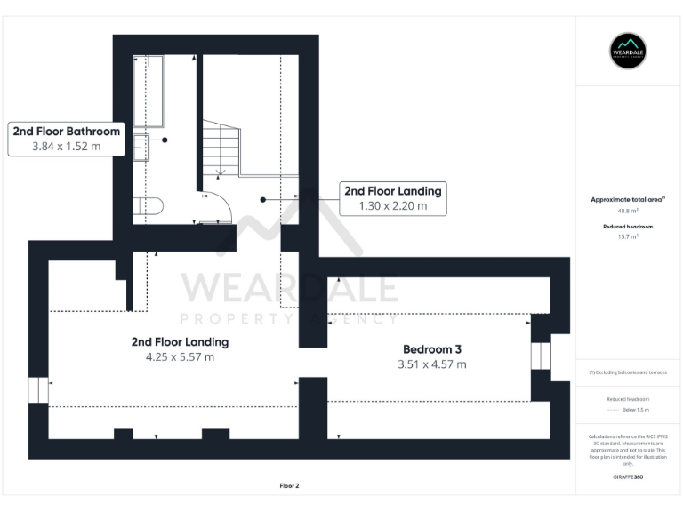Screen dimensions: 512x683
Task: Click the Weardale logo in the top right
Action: click(x=628, y=52)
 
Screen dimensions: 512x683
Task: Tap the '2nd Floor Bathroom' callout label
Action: click(x=67, y=132)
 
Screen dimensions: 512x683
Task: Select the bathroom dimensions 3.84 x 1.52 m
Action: click(x=67, y=147)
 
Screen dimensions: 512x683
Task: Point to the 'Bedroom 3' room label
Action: click(x=431, y=349)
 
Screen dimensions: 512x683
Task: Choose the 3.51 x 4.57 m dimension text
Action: click(x=431, y=364)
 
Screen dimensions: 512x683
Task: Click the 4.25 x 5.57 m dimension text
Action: click(x=180, y=357)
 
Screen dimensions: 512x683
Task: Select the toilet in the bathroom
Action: click(x=149, y=206)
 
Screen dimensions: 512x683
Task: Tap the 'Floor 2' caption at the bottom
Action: click(x=289, y=486)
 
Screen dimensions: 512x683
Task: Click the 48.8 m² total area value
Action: click(x=628, y=212)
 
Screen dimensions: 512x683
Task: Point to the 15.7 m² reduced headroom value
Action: click(x=628, y=237)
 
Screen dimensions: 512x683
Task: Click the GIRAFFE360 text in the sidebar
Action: click(x=628, y=478)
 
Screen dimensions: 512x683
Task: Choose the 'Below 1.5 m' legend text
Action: click(x=634, y=410)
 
